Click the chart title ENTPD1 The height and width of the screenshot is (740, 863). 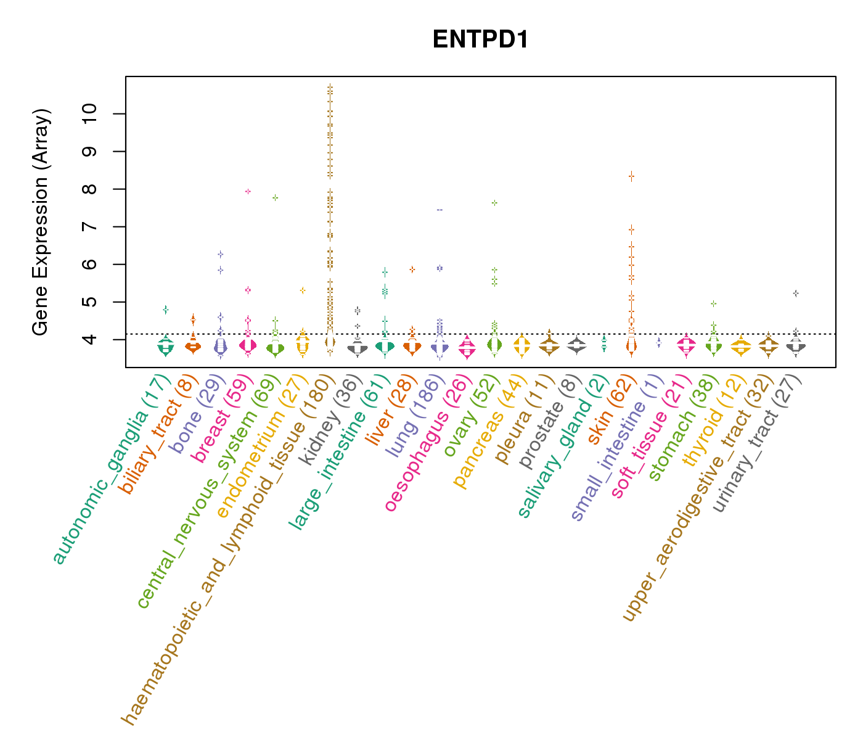pos(480,39)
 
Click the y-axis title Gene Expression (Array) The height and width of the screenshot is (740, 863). pos(41,223)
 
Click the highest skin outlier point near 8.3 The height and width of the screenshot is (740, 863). pos(631,176)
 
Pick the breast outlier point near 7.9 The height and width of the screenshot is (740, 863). pos(248,191)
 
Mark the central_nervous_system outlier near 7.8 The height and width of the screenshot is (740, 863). pos(275,197)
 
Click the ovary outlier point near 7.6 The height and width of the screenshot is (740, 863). pos(494,202)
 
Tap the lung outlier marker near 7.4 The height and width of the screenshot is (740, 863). pos(440,210)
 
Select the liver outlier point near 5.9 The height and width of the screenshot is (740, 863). pos(412,269)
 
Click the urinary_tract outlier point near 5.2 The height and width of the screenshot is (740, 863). pos(796,294)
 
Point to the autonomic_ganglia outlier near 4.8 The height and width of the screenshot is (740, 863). pos(165,310)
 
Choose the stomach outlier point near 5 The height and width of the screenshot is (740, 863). pos(713,303)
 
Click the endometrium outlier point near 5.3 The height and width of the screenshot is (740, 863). pos(303,290)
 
